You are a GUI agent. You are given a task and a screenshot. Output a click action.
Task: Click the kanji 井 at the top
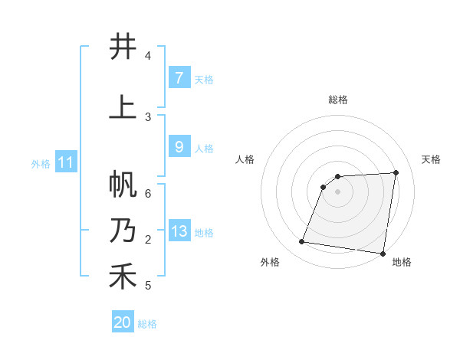coord(123,47)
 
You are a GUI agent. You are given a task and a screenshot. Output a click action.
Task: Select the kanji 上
coord(123,107)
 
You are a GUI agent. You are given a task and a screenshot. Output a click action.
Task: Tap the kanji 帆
coord(123,185)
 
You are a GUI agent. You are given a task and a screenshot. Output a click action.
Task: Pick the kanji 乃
coord(123,231)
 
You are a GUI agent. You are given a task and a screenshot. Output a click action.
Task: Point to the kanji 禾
coord(123,277)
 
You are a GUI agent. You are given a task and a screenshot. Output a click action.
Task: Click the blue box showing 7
coord(179,77)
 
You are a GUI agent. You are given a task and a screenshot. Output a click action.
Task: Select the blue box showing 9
coord(179,147)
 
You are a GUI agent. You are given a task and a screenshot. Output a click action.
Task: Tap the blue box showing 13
coord(179,232)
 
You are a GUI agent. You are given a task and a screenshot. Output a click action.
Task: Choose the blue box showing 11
coord(65,162)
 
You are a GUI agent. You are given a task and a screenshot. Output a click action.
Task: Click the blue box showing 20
coord(123,322)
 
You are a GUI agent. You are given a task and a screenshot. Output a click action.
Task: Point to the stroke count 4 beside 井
coord(148,56)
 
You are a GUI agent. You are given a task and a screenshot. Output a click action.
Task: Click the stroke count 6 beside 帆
coord(148,193)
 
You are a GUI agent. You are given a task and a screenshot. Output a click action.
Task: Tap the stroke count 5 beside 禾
coord(148,286)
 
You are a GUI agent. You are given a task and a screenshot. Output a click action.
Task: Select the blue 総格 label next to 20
coord(147,324)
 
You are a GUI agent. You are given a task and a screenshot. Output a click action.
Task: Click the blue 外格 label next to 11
coord(41,163)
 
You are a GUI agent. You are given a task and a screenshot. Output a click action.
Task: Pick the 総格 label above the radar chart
coord(337,100)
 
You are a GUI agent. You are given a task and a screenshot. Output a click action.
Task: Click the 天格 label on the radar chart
coord(431,159)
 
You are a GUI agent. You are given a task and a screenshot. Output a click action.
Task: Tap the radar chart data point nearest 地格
coord(383,254)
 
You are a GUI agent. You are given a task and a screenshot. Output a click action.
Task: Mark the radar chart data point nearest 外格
coord(302,242)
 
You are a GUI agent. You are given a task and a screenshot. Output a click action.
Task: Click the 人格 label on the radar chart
coord(245,159)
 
